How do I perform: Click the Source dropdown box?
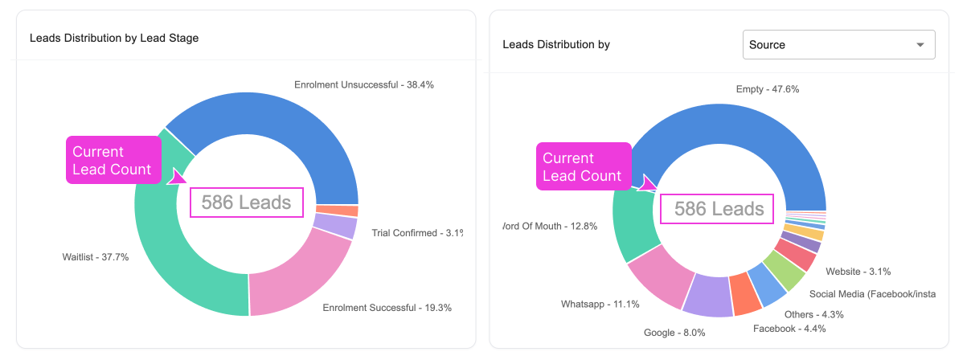pos(838,45)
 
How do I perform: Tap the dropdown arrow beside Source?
pos(920,45)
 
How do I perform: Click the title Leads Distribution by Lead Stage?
pos(114,38)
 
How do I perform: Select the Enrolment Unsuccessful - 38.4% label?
pos(363,84)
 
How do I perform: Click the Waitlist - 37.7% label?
pos(95,257)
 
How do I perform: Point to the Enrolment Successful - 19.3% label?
pos(387,307)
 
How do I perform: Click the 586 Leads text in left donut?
pos(246,202)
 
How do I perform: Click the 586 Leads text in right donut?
pos(719,210)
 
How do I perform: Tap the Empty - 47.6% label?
pos(767,89)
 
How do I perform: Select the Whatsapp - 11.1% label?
pos(600,304)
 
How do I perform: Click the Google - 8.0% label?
pos(674,333)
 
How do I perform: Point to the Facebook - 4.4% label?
pos(789,328)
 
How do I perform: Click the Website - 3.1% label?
pos(858,272)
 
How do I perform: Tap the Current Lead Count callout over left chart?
pos(113,160)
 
